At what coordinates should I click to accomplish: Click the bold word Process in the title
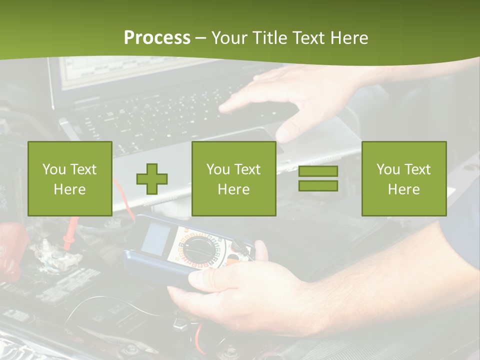click(x=157, y=38)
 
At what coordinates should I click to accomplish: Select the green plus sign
click(x=152, y=178)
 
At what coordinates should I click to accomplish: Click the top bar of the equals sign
click(x=318, y=171)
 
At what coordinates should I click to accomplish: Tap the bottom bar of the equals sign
click(x=318, y=185)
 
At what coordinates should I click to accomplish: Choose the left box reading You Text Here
click(x=70, y=178)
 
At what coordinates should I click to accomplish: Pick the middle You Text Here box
click(x=234, y=178)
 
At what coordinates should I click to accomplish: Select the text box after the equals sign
click(x=404, y=178)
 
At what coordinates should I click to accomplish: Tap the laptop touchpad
click(x=250, y=137)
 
